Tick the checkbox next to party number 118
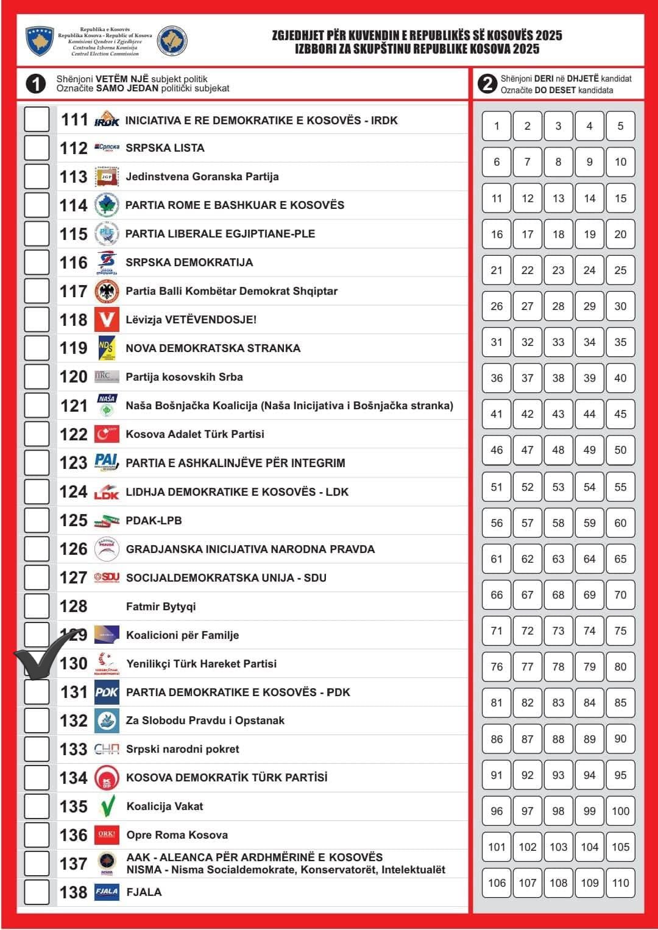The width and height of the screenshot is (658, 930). [x=37, y=320]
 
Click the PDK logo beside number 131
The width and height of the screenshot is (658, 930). [x=107, y=692]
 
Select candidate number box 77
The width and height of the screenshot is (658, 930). [x=528, y=667]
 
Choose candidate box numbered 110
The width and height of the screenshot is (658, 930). [x=620, y=883]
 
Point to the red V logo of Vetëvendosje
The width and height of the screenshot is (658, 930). [x=107, y=320]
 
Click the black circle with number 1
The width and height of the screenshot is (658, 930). [x=36, y=83]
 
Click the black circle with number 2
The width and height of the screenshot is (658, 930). [x=487, y=83]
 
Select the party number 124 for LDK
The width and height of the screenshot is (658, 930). [x=74, y=491]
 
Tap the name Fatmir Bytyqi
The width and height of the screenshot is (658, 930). [x=161, y=607]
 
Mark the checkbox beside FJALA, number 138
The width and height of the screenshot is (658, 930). [x=37, y=892]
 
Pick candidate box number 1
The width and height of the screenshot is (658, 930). [x=497, y=126]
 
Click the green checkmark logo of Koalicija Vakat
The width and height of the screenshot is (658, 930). [x=107, y=806]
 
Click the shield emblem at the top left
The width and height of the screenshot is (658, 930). [x=40, y=41]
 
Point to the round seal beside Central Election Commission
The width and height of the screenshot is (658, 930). [x=172, y=41]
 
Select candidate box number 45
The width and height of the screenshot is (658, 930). [x=620, y=414]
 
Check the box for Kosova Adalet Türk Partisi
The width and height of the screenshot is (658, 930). [x=37, y=434]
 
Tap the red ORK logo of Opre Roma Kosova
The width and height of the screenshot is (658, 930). [x=107, y=835]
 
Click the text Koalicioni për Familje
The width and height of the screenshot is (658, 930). [x=182, y=635]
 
